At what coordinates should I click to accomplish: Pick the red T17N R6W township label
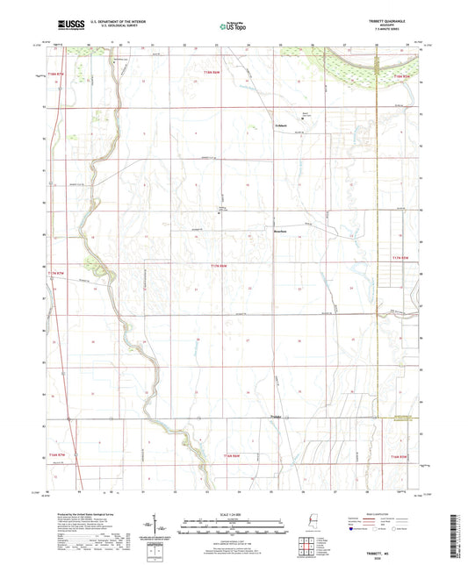pos(220,265)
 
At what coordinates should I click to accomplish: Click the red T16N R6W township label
pos(231,456)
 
